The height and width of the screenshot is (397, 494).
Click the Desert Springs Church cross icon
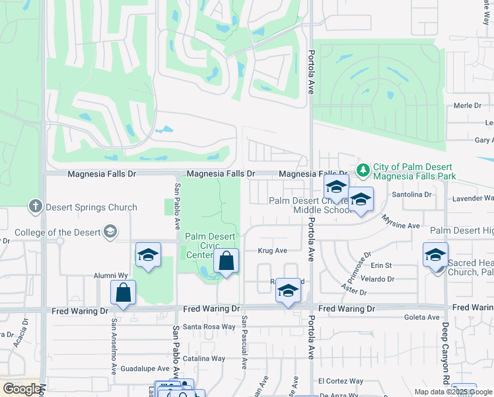[36, 207]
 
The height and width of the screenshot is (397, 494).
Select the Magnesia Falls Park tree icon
[363, 170]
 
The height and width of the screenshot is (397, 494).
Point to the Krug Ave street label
[272, 251]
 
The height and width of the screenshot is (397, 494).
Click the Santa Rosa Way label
[209, 326]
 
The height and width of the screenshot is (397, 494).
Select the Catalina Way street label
[204, 359]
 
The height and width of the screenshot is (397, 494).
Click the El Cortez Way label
[340, 381]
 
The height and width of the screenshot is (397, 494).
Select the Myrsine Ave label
[403, 226]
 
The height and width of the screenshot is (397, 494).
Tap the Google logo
[22, 389]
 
